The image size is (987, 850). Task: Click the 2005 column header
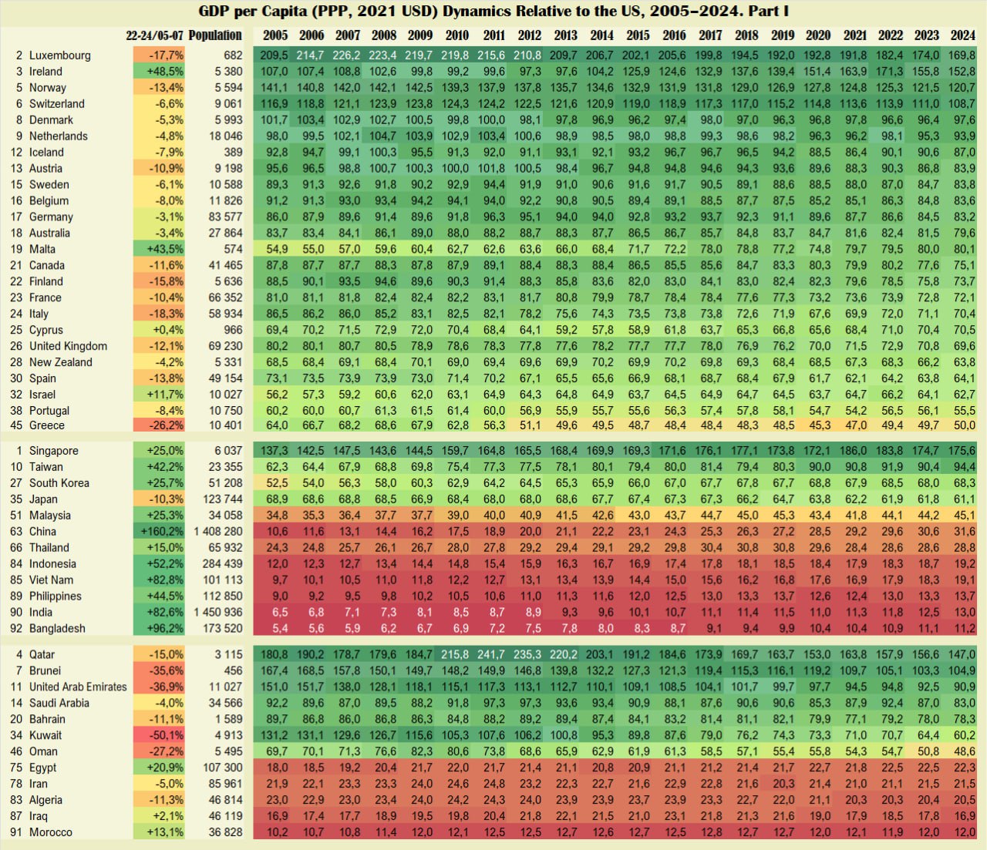[275, 35]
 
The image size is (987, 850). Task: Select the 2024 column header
[962, 35]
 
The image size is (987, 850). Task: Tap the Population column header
[215, 35]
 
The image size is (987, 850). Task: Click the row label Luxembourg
[59, 55]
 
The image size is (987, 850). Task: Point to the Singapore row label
[53, 451]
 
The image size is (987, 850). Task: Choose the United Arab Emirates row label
[78, 687]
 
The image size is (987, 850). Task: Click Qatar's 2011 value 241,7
[491, 654]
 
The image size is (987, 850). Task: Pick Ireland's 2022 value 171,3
[890, 72]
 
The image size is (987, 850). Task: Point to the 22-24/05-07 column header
[155, 35]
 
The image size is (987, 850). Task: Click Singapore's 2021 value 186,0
[854, 451]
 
